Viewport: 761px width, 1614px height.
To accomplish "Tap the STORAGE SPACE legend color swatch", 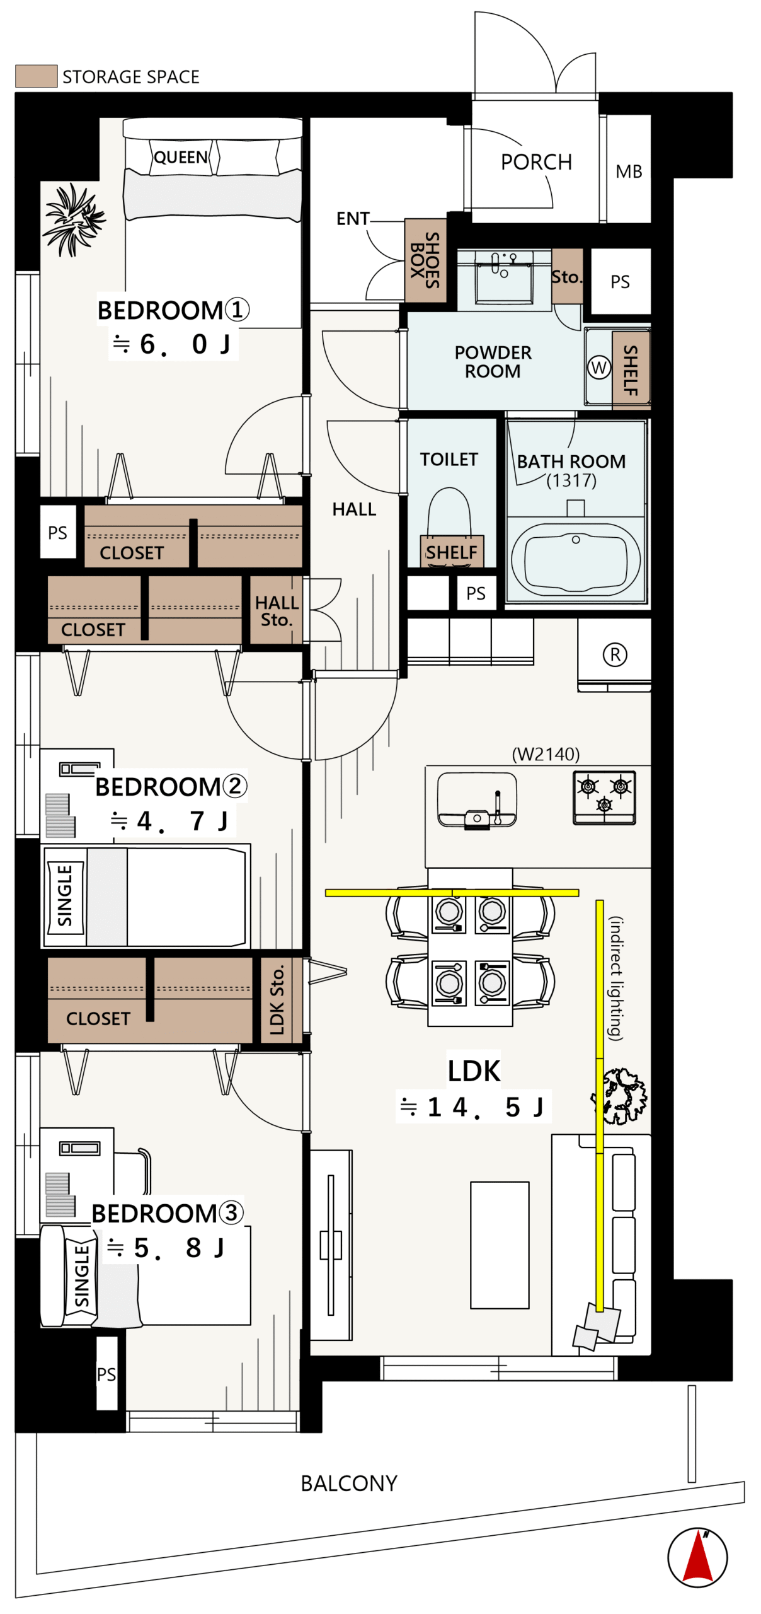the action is coord(37,76).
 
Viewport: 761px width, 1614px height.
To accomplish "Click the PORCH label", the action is coord(536,162).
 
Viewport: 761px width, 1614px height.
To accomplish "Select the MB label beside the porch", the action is coord(629,171).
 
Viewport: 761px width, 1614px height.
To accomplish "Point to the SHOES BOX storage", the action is coord(425,260).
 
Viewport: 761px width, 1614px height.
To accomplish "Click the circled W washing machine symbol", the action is coord(599,367).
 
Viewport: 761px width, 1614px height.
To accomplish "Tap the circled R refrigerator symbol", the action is coord(615,654).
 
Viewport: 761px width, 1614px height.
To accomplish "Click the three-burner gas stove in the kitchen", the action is coord(604,798).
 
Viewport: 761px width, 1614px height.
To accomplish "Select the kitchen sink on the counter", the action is coord(477,800).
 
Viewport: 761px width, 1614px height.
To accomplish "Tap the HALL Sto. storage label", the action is coord(277,611).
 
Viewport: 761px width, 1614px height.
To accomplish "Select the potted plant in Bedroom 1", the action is coord(74,219).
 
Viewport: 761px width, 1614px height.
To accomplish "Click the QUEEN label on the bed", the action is coord(181,157).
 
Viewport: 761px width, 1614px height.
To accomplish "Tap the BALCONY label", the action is coord(349,1483).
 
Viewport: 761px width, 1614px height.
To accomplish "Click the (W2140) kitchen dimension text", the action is coord(546,754).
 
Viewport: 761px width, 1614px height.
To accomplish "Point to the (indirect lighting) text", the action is coord(616,978).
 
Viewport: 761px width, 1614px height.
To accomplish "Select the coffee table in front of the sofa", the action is coord(500,1245).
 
